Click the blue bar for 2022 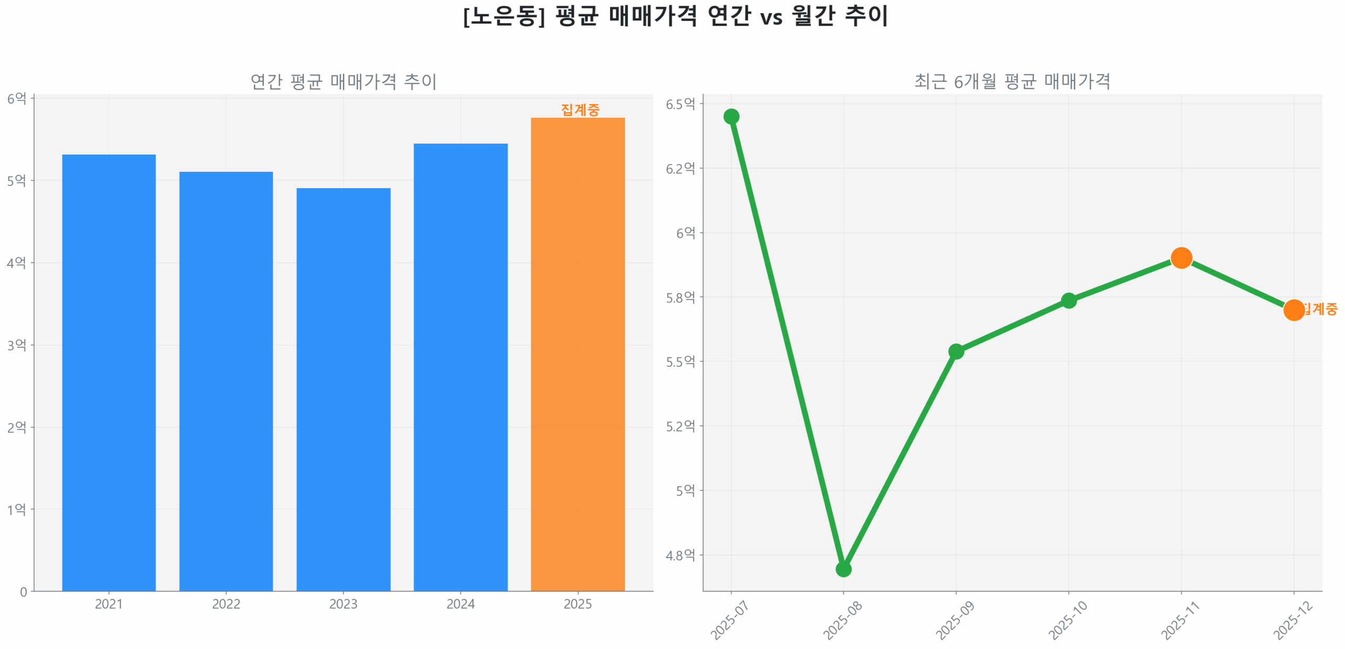226,380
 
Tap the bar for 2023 343,388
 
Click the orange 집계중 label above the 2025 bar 580,109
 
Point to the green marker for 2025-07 731,116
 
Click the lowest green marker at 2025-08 843,569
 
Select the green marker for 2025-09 956,351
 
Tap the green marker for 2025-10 1068,300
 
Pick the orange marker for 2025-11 1181,257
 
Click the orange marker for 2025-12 1293,310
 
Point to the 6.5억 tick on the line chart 680,104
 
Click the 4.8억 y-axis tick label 680,555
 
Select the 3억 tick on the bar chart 16,345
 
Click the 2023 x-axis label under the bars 343,604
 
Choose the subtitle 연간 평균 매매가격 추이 343,81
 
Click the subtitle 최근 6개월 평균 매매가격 1012,81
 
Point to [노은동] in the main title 503,16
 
